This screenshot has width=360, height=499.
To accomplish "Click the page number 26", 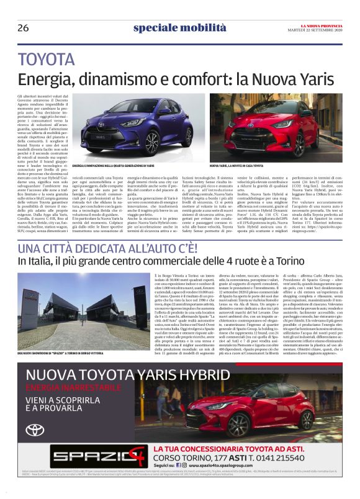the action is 23,28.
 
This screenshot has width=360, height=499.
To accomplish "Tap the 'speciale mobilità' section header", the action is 179,28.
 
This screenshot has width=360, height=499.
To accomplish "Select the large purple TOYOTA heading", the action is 47,60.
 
